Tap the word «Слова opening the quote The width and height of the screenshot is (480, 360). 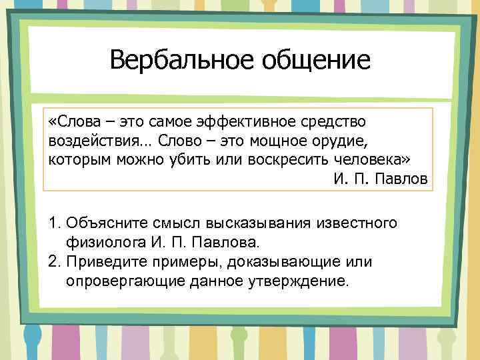(70, 123)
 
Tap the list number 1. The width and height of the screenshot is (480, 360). (54, 223)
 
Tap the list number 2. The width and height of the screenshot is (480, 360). (54, 261)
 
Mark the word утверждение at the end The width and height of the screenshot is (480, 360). (296, 281)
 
